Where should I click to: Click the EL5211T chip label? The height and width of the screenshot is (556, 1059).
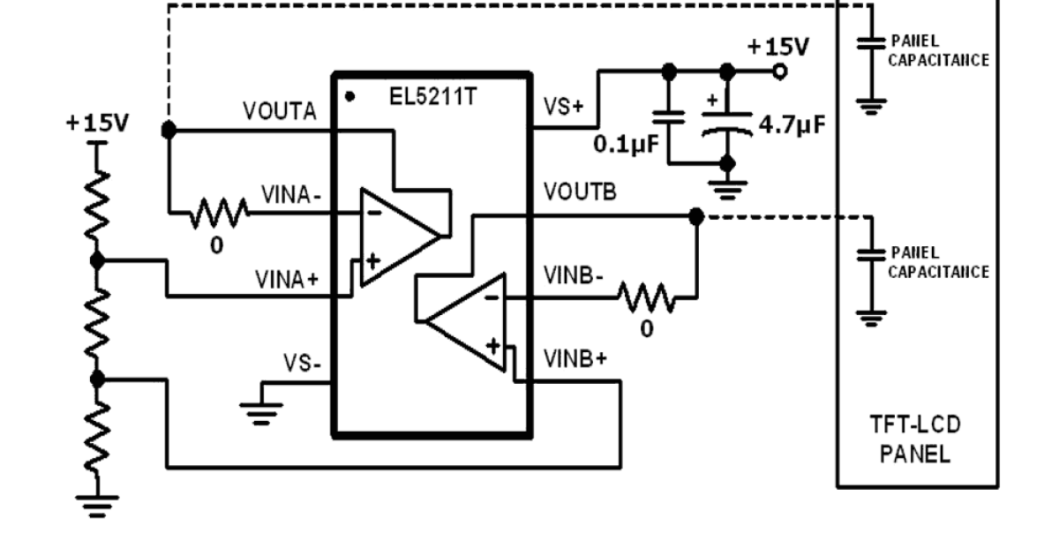(x=433, y=96)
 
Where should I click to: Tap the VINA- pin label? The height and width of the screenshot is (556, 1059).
(x=291, y=194)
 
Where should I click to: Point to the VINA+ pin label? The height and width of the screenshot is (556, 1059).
(x=288, y=281)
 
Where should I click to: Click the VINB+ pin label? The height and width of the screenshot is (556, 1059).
(x=575, y=358)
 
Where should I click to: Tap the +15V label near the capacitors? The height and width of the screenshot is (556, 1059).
(x=777, y=47)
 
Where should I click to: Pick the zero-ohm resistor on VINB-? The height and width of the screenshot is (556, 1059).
(x=647, y=297)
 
